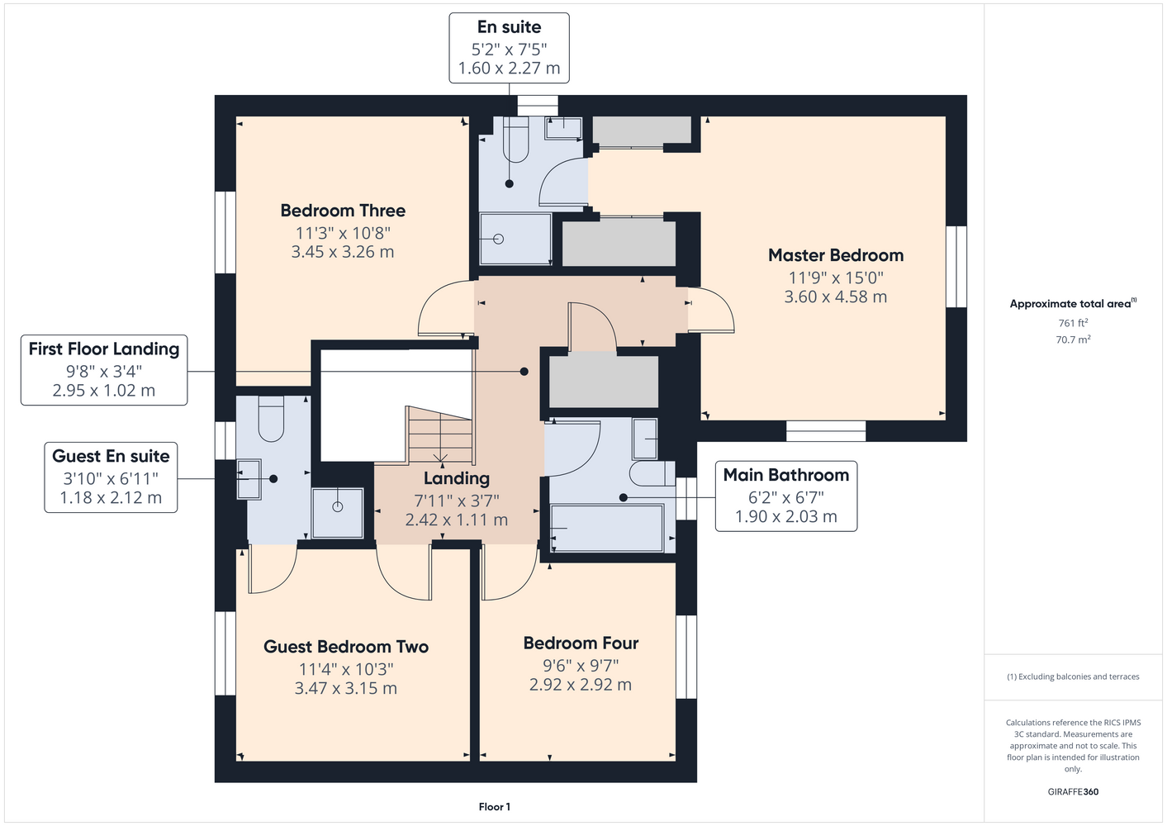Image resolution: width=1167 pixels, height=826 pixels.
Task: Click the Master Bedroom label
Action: [836, 255]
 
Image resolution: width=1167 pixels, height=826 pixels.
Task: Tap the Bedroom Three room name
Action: [343, 211]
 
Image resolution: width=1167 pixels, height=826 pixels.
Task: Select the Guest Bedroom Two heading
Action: [346, 647]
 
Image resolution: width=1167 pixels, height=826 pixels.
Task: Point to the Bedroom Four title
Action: [581, 643]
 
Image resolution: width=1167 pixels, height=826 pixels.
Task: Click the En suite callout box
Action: [509, 48]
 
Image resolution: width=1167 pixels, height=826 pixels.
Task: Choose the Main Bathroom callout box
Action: [786, 496]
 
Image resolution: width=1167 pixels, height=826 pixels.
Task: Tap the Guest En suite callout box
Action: [111, 477]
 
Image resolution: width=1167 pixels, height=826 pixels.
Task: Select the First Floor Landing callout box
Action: [104, 370]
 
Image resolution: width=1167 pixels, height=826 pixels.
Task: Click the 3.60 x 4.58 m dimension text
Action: [836, 297]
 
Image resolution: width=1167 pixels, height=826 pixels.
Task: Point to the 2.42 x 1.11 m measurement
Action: [457, 520]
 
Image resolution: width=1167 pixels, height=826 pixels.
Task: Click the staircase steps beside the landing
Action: [440, 435]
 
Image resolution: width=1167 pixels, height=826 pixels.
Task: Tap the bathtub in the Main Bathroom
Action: [607, 527]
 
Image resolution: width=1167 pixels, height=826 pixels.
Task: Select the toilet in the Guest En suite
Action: [271, 419]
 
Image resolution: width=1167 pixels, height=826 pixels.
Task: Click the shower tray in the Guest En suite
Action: [338, 513]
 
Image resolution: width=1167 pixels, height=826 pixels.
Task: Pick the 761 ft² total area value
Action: [1073, 323]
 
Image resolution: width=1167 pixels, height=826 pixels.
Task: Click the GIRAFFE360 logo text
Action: [1073, 791]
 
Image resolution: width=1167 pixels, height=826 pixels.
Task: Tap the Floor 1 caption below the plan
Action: [495, 807]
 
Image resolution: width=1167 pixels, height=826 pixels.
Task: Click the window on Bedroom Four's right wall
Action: [686, 657]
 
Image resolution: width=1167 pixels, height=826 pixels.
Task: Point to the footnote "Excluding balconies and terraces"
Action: [1079, 676]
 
